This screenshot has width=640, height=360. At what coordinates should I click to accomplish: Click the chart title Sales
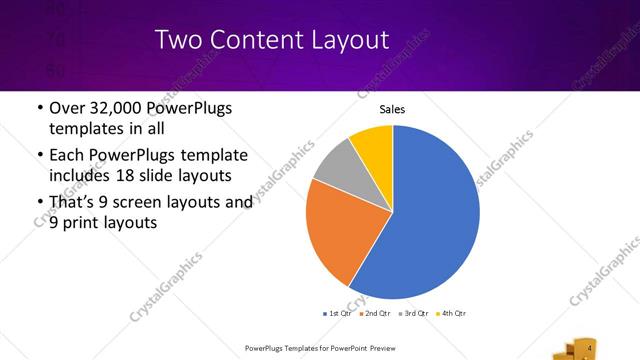point(392,110)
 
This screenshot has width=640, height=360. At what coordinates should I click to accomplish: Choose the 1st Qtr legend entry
point(338,313)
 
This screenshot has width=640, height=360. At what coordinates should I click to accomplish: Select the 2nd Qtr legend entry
point(375,313)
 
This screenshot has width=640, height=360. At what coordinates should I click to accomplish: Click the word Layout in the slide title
point(349,41)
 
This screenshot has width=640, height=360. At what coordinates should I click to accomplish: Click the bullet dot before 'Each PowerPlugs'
point(39,156)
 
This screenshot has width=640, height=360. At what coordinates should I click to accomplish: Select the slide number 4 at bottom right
point(590,348)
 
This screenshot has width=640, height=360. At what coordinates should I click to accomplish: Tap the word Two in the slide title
point(179,41)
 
